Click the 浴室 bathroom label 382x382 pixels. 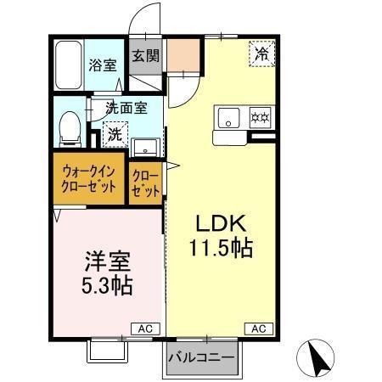coord(105,65)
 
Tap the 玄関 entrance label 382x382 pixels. coord(145,58)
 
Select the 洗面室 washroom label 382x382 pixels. coord(126,108)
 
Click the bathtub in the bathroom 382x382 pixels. coord(67,65)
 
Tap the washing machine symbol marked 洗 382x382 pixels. coord(113,134)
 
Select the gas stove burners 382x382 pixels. coord(259,116)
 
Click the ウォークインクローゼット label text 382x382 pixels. coord(89,177)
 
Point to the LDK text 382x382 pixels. coord(222,224)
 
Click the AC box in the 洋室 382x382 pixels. coord(146,328)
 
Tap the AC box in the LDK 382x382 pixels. coord(260,328)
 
